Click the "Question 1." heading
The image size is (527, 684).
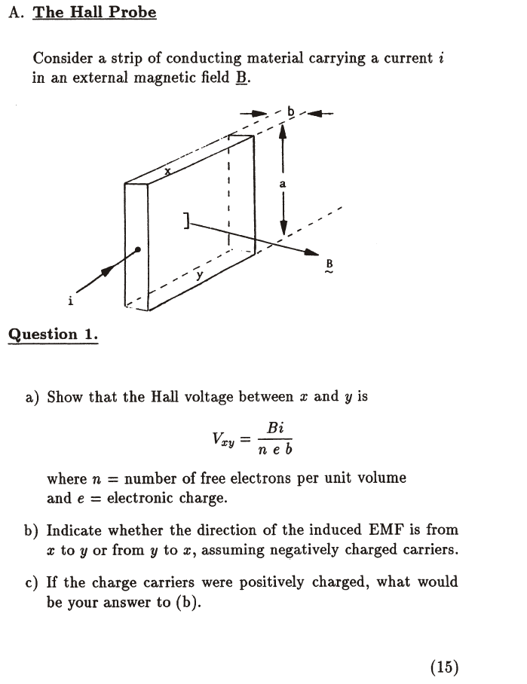(54, 334)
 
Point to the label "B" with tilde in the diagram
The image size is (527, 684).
(329, 265)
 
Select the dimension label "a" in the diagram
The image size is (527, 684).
(282, 183)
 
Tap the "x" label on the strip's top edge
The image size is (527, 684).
(169, 172)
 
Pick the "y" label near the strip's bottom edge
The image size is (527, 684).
(199, 276)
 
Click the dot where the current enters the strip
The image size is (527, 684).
(137, 250)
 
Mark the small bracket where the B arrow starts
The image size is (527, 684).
(185, 220)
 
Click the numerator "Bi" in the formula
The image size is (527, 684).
(275, 428)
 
